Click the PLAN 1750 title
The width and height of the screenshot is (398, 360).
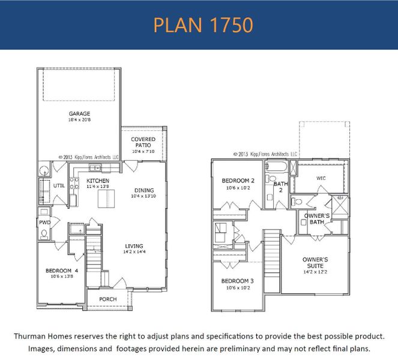tap(202, 25)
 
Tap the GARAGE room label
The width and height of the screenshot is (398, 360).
tap(79, 113)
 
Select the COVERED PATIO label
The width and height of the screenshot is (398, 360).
tap(143, 142)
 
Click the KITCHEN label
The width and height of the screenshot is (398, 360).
tap(97, 181)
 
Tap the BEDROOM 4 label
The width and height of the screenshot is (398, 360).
tap(62, 271)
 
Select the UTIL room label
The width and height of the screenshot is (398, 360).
tap(59, 186)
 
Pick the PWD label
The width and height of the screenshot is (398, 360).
tap(44, 221)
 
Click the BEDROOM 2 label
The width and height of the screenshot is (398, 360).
tap(238, 181)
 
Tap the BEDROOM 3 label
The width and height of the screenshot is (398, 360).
tap(237, 281)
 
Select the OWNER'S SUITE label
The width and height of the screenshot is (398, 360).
tap(315, 262)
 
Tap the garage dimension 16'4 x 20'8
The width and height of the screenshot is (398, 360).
tap(79, 120)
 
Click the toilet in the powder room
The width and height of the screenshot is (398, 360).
tap(44, 235)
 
